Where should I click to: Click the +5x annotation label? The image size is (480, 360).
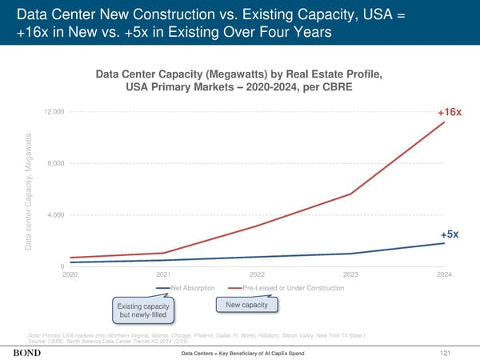point(449,234)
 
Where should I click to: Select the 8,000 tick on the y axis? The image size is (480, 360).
point(58,163)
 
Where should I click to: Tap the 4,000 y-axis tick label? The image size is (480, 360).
point(58,214)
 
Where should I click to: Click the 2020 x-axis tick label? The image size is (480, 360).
point(70,274)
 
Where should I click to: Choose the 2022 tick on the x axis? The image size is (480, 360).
point(257,274)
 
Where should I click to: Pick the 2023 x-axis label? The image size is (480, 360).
point(350,274)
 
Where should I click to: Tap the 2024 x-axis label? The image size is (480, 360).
point(444,274)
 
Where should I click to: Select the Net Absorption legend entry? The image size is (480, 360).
point(189,287)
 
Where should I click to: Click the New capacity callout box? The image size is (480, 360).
point(247,305)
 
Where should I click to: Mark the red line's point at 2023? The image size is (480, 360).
point(350,194)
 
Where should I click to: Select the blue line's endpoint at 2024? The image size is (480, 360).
point(444,243)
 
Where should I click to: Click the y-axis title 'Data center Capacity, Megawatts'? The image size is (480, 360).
point(28,189)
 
